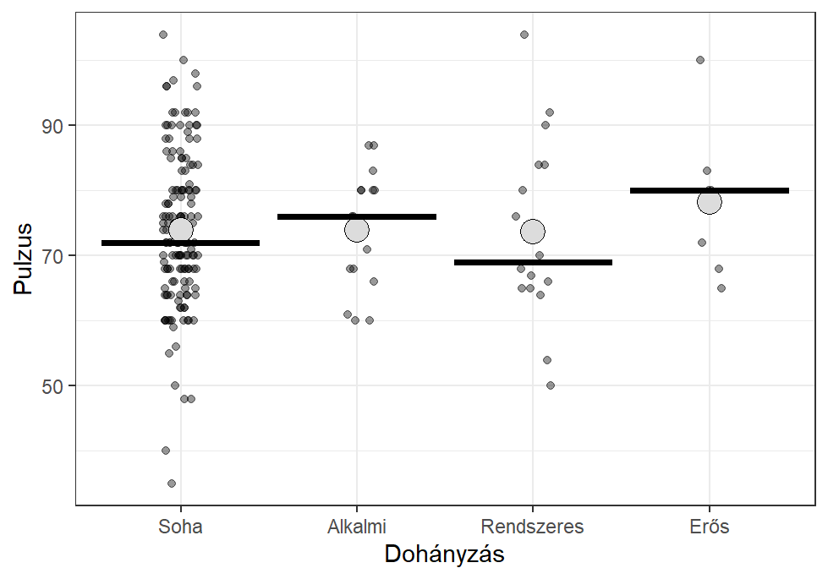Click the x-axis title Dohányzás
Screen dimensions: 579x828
pyautogui.click(x=445, y=554)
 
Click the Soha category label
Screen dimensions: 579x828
pyautogui.click(x=180, y=527)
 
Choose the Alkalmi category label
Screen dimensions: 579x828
pyautogui.click(x=356, y=527)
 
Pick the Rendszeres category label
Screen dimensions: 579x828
pyautogui.click(x=532, y=527)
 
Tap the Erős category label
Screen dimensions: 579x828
pyautogui.click(x=709, y=527)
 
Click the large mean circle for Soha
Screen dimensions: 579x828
pyautogui.click(x=180, y=229)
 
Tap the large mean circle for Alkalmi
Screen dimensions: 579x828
pyautogui.click(x=357, y=229)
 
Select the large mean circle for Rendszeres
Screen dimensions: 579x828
pyautogui.click(x=533, y=231)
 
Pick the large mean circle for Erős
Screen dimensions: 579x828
pyautogui.click(x=709, y=201)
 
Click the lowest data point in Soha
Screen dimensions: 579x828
pyautogui.click(x=172, y=483)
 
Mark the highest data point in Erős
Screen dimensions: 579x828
pyautogui.click(x=700, y=60)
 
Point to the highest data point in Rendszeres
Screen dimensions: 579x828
pyautogui.click(x=524, y=35)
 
